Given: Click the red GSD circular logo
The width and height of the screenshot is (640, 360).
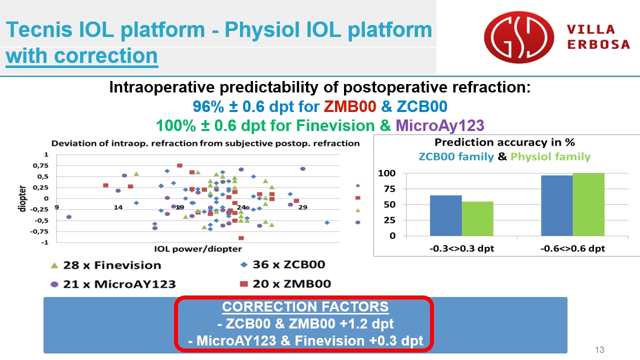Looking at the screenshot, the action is [519, 37].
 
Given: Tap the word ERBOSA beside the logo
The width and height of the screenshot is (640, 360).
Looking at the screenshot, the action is [598, 44].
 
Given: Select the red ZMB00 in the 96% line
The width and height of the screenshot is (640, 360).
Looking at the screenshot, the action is [349, 106].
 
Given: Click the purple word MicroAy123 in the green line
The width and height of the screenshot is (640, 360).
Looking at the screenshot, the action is [440, 125].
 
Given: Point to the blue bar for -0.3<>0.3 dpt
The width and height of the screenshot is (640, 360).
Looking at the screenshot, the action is [445, 215].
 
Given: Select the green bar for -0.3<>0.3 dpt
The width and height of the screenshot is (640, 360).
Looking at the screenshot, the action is [477, 218].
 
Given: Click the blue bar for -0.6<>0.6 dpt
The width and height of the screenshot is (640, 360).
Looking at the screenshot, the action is [557, 205].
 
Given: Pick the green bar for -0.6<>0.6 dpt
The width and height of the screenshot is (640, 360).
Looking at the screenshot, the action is [588, 204].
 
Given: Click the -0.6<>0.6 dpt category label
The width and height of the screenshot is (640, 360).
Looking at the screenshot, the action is [572, 248].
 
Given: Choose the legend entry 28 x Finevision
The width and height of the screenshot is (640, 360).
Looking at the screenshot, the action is [105, 265].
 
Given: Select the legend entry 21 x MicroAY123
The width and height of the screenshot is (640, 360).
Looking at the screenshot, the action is [113, 284].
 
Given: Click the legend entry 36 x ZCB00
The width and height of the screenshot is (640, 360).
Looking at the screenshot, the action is [283, 264].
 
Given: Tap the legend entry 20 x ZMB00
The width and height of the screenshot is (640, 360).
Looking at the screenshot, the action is [285, 283].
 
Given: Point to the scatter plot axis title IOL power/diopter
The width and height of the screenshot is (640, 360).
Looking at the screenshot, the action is [198, 249].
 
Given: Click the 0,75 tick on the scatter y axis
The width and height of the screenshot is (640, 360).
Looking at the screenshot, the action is [40, 165].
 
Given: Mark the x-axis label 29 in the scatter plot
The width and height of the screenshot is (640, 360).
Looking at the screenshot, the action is [303, 207].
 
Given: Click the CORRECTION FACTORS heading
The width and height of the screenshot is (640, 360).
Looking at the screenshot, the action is [305, 307].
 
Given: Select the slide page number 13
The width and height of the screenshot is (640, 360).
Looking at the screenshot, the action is [599, 349].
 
